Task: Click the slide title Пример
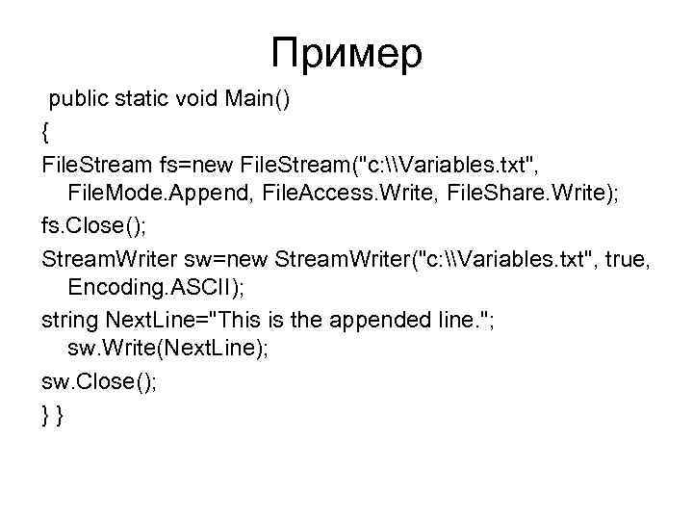(x=346, y=53)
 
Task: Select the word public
(x=81, y=98)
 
